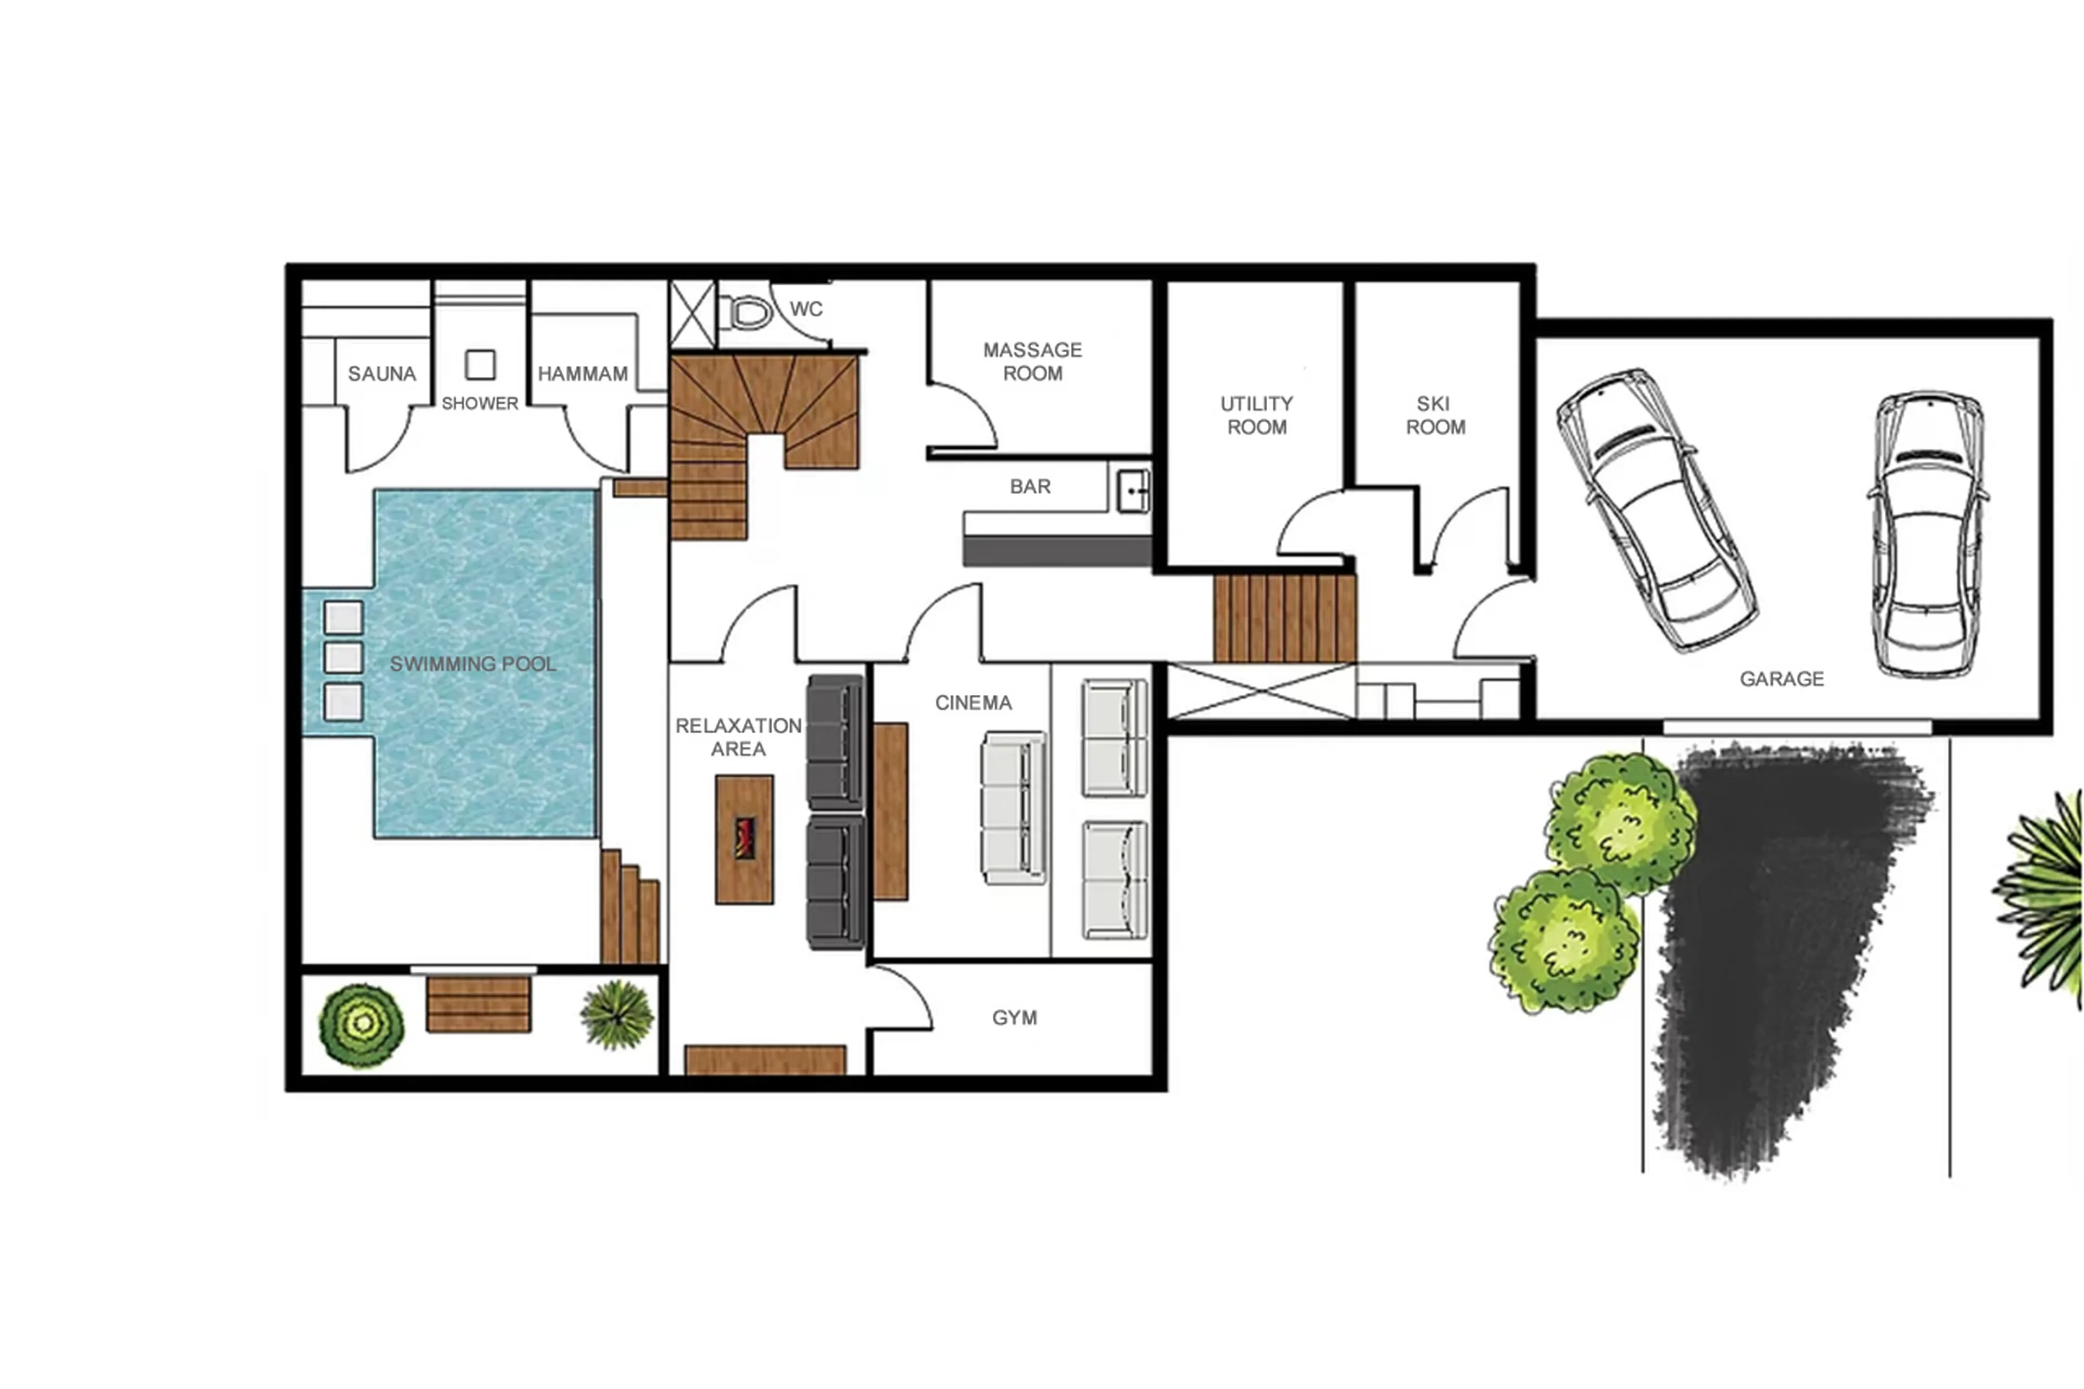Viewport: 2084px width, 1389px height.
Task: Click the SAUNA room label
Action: click(x=382, y=374)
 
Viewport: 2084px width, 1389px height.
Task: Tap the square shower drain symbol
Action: click(x=480, y=364)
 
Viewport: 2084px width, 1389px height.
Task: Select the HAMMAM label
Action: click(x=583, y=374)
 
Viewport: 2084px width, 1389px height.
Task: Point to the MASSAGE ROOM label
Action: click(x=1033, y=361)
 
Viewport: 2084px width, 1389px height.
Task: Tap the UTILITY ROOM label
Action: click(x=1257, y=415)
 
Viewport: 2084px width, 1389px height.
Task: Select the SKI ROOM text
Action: click(x=1435, y=415)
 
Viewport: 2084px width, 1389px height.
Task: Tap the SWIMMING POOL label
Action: click(x=473, y=663)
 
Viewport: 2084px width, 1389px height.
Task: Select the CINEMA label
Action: click(x=974, y=702)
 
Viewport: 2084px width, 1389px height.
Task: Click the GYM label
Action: click(x=1014, y=1018)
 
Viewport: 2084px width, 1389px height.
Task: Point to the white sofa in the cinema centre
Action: click(x=1013, y=807)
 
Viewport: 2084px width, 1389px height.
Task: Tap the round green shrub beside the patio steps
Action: click(x=361, y=1025)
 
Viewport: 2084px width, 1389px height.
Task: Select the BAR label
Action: click(x=1030, y=486)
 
